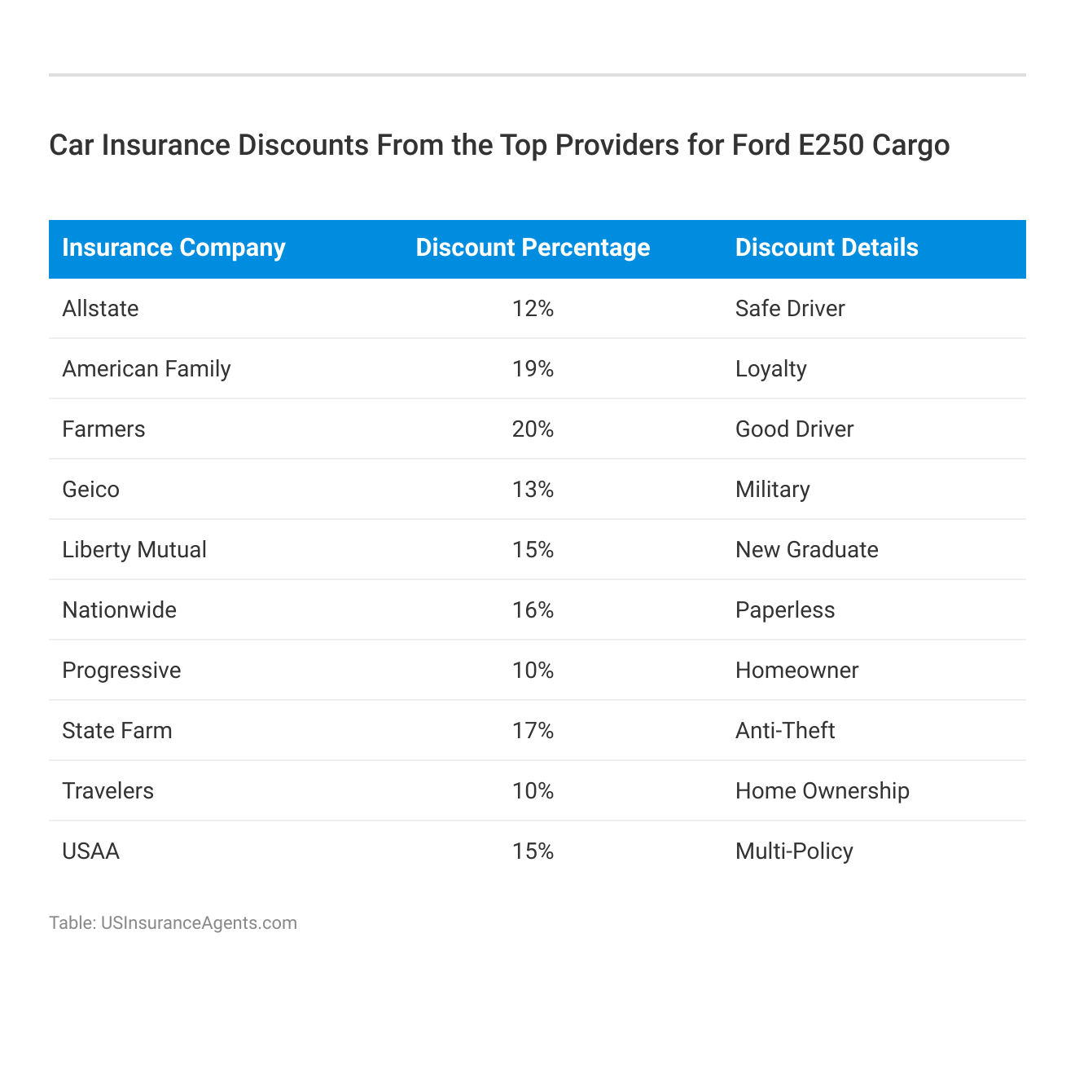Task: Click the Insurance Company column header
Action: click(173, 248)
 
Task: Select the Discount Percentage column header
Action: click(533, 248)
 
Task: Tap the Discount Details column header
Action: click(827, 248)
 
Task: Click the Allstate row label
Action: click(100, 309)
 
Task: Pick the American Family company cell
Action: click(147, 369)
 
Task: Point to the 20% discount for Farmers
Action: click(533, 429)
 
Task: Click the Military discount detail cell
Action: click(772, 490)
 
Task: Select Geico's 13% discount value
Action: click(533, 490)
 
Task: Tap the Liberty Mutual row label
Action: click(134, 550)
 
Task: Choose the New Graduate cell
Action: click(806, 550)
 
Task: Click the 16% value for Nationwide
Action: click(533, 610)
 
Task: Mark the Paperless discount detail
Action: click(785, 610)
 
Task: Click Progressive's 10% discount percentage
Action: click(533, 671)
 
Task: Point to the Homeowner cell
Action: click(796, 671)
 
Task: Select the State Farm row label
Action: click(117, 731)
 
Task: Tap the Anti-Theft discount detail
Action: click(785, 731)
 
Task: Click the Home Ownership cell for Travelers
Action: click(822, 791)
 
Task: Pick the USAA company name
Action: click(90, 851)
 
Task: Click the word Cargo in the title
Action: click(910, 145)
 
